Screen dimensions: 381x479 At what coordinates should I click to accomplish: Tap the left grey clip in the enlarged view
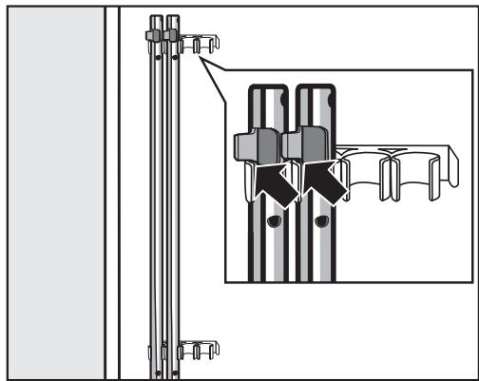pos(251,144)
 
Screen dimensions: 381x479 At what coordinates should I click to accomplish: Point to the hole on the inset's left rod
pos(274,222)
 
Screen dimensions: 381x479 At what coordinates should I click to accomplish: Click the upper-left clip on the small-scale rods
pos(152,34)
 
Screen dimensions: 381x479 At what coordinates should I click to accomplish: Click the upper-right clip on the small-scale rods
pos(172,34)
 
